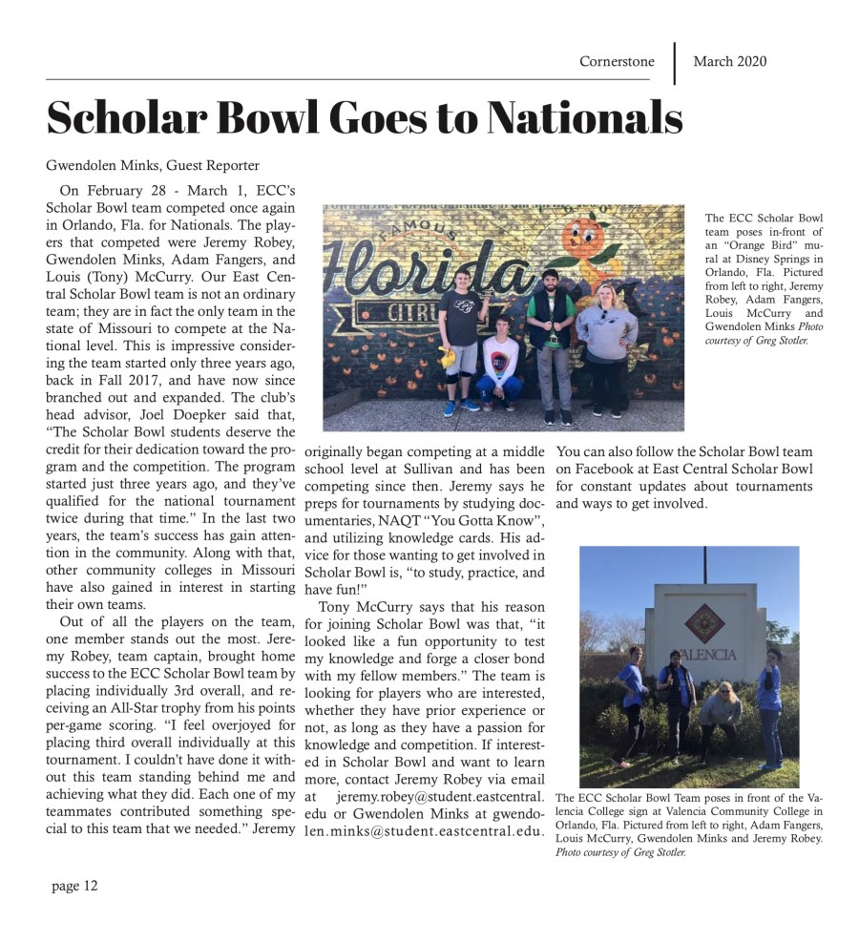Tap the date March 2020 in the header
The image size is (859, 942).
click(x=729, y=62)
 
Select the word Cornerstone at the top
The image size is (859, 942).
click(x=617, y=62)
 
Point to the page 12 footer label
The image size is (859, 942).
click(x=74, y=886)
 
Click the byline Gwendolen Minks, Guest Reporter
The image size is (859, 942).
click(x=153, y=166)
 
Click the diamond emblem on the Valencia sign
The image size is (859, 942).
click(x=704, y=622)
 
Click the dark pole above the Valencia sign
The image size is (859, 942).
click(x=704, y=564)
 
